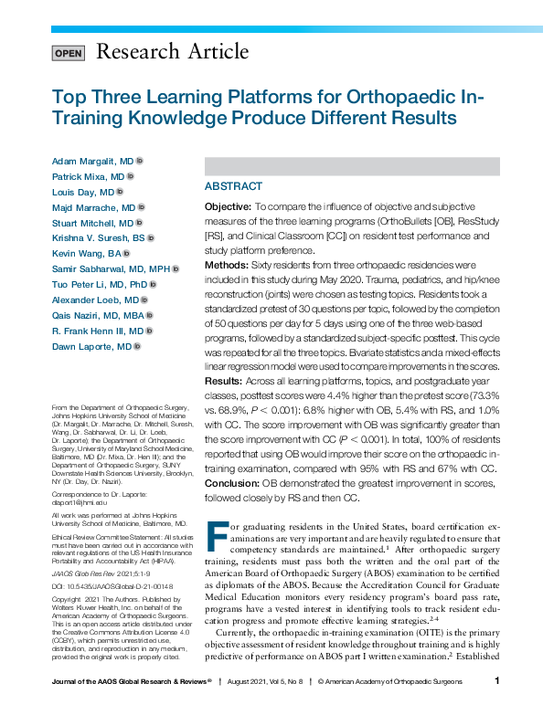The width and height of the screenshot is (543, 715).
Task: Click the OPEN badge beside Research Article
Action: coord(69,52)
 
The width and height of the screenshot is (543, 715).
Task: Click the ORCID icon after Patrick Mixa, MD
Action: coord(131,176)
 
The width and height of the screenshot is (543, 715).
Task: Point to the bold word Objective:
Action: coord(227,208)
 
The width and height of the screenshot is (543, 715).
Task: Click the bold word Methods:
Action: coord(226,265)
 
